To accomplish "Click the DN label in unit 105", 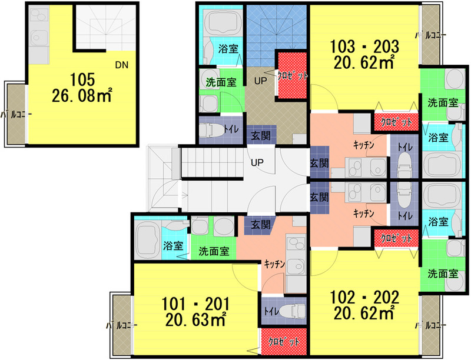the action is [122, 65].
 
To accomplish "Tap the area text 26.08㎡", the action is [82, 96].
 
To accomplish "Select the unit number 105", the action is [82, 79].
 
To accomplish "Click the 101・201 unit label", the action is [195, 304].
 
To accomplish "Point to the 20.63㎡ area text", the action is [195, 320].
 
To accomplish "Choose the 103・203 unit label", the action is [364, 46].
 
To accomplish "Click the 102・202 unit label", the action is [364, 297].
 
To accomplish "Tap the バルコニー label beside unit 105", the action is [16, 114].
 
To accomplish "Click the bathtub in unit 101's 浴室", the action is [147, 239].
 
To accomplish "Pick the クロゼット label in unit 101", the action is [284, 342].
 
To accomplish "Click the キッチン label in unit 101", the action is [274, 264].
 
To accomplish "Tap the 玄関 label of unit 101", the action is [261, 225].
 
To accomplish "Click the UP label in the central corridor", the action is [257, 162].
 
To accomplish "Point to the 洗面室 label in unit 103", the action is [443, 103].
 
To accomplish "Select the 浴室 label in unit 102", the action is [438, 222].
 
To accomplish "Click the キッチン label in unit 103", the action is [364, 145].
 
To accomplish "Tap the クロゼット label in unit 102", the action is [396, 238].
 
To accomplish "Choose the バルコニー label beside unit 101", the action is [122, 325].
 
